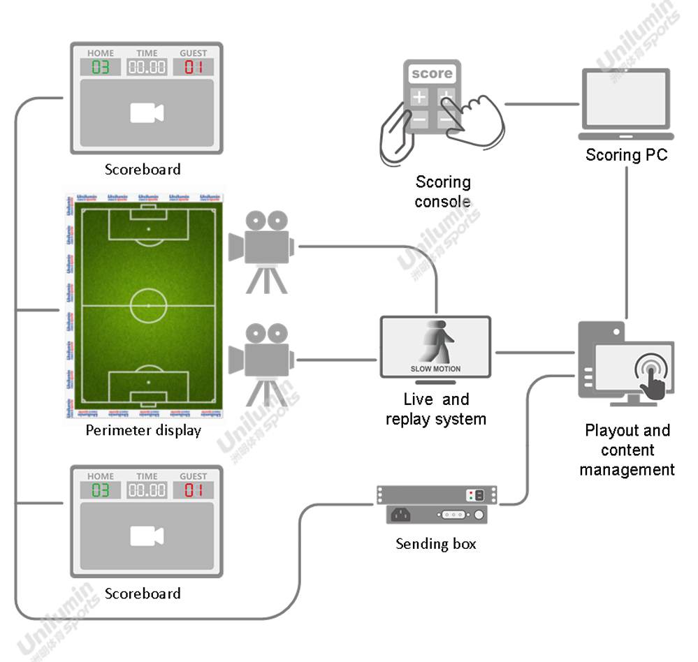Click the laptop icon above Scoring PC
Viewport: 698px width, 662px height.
tap(626, 105)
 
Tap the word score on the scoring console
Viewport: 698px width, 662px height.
tap(431, 73)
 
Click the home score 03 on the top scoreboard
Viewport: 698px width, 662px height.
tap(100, 67)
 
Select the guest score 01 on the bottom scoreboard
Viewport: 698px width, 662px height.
tap(193, 490)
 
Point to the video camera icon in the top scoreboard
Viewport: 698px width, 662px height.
tap(147, 113)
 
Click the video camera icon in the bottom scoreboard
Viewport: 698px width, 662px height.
tap(147, 536)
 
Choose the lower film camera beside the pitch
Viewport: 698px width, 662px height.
tap(262, 360)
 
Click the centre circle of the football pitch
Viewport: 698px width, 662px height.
tap(148, 305)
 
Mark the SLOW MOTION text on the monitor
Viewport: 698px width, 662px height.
tap(435, 369)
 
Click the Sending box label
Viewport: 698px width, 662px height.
tap(435, 543)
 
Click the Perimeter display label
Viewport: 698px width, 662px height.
tap(143, 430)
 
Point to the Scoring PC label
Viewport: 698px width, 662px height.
tap(626, 154)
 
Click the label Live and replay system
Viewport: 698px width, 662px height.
tap(435, 409)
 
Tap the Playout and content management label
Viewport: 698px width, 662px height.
tap(627, 450)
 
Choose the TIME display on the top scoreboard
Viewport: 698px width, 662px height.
tap(147, 67)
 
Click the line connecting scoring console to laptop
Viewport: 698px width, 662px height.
tap(541, 105)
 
